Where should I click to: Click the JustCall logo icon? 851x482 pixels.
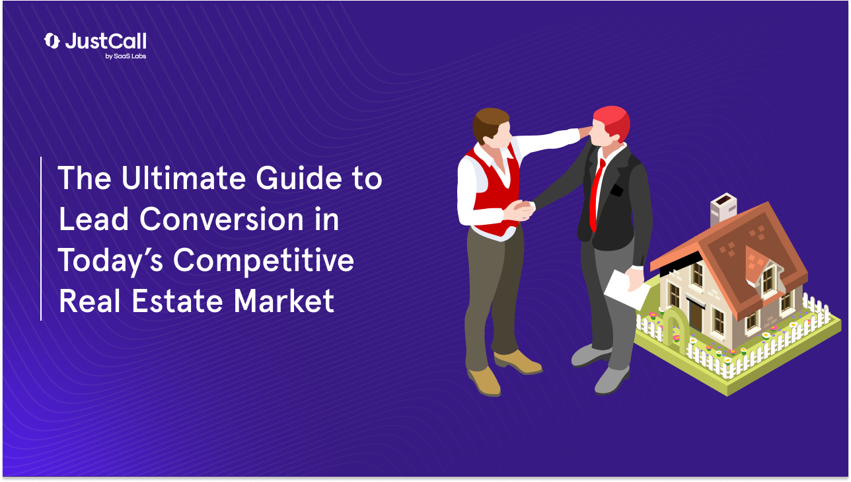click(x=52, y=41)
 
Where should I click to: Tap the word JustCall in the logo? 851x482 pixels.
click(x=105, y=41)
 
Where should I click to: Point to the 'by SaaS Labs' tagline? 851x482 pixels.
click(x=126, y=57)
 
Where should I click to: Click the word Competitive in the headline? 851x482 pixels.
click(x=264, y=262)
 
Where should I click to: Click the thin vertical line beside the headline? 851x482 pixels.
click(x=41, y=239)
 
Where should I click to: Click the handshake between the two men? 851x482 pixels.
click(x=522, y=210)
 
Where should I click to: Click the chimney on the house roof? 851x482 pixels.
click(x=723, y=210)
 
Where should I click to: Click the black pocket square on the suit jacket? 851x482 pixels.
click(x=616, y=192)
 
